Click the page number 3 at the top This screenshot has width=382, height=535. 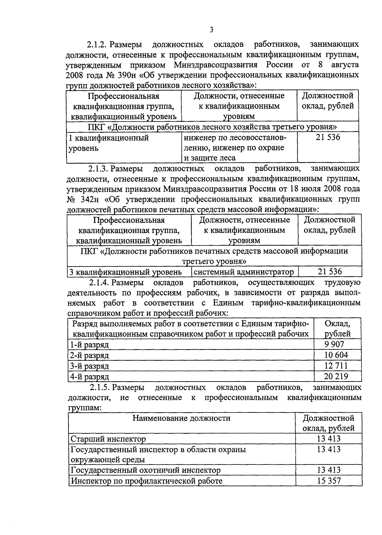tap(211, 30)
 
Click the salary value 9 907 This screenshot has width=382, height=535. tap(334, 344)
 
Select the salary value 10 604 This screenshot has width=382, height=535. tap(336, 355)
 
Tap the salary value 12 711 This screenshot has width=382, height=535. tap(336, 365)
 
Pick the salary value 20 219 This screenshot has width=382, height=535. tap(336, 376)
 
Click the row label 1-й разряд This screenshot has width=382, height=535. tap(89, 345)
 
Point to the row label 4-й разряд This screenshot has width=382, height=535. tap(89, 377)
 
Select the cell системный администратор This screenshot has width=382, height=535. tap(244, 272)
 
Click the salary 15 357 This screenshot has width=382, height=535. tap(329, 481)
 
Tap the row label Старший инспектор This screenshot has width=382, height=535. tap(108, 439)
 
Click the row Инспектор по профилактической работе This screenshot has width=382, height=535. tap(146, 481)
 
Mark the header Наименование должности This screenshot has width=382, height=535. tap(181, 418)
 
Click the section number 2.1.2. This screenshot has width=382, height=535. tap(98, 44)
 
